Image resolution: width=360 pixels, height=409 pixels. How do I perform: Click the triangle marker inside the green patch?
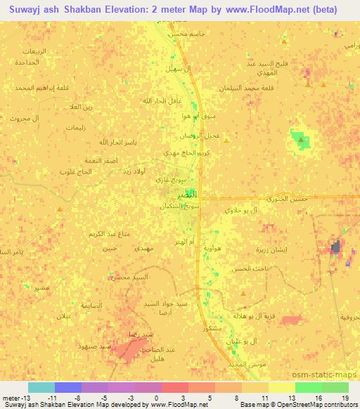pos(301,141)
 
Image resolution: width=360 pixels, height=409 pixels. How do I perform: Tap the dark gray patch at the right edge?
pos(336,247)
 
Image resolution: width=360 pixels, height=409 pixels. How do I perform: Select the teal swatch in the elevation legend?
pos(41,387)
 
